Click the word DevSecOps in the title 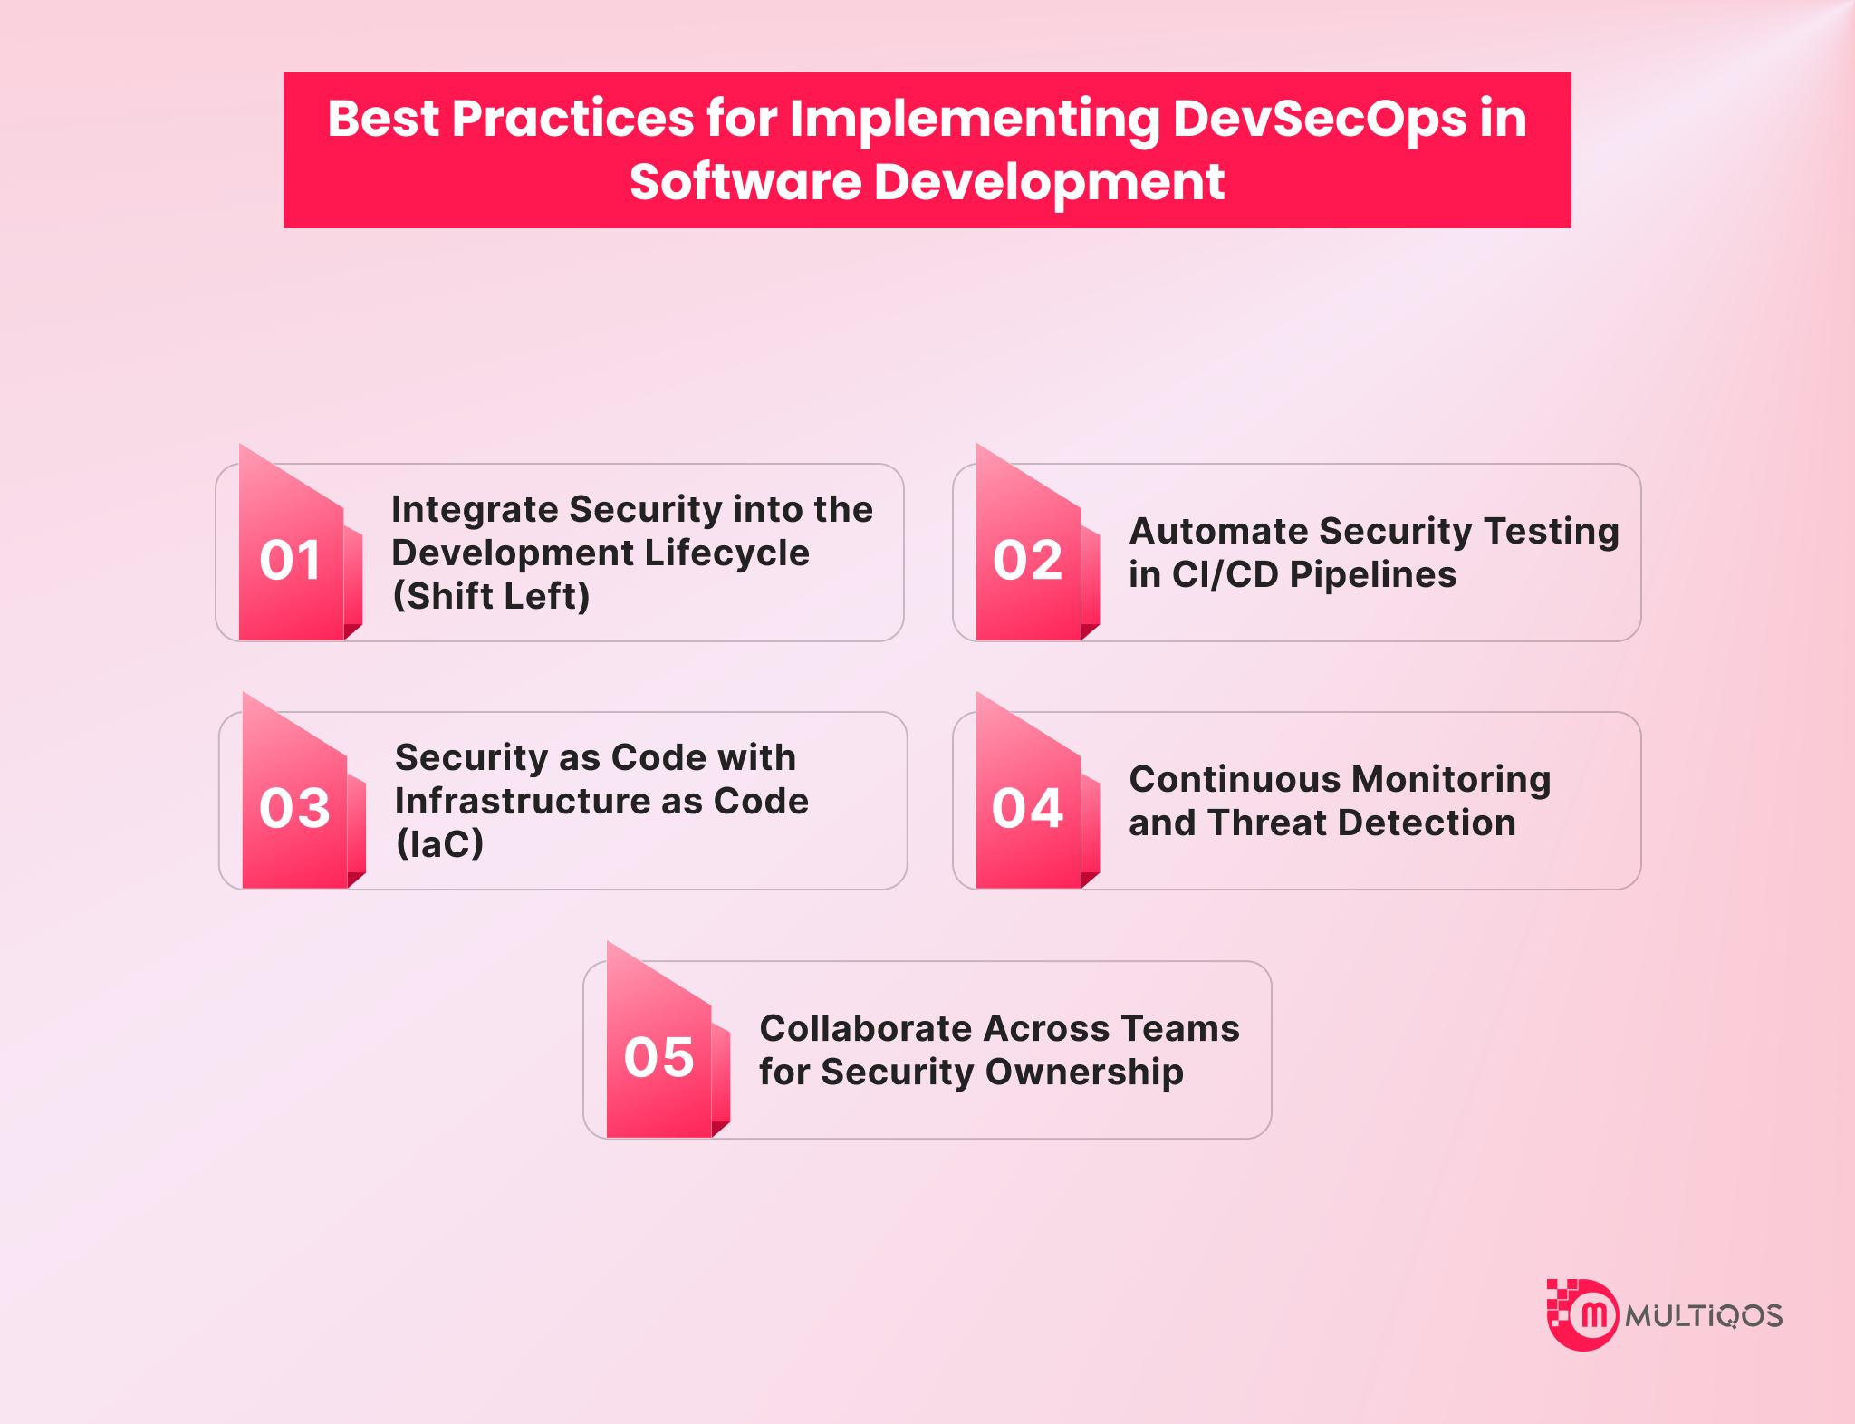click(x=1320, y=120)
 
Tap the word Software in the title click(x=745, y=181)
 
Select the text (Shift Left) click(x=491, y=596)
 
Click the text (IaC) click(x=439, y=843)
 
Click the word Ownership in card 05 click(x=1084, y=1073)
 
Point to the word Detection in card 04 click(x=1427, y=823)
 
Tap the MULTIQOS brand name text click(x=1704, y=1316)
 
